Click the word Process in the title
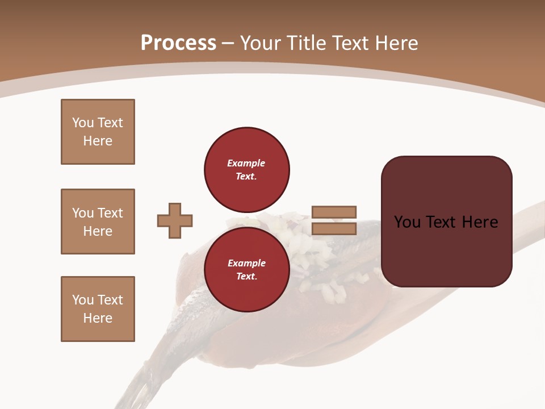point(178,43)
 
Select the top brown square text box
point(98,132)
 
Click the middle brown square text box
point(98,222)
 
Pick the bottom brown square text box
point(98,309)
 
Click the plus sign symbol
point(175,220)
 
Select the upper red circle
point(246,170)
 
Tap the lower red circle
point(246,270)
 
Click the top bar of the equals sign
point(334,212)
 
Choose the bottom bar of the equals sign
point(334,229)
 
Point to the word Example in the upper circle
point(246,163)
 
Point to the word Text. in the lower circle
point(246,277)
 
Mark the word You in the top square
point(82,123)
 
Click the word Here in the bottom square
point(98,318)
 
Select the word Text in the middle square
point(110,213)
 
